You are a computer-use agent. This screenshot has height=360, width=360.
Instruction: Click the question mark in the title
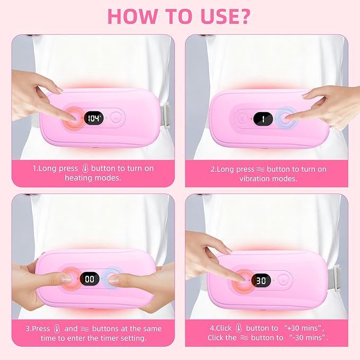[243, 16]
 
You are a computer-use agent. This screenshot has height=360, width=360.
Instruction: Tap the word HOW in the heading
[133, 16]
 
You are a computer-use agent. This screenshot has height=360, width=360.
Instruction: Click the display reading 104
[93, 118]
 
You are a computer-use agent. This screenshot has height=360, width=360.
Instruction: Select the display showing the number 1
[263, 119]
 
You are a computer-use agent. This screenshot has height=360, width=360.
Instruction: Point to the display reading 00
[90, 279]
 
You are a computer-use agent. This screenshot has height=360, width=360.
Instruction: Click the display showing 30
[261, 280]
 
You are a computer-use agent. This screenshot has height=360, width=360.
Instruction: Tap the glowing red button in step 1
[73, 119]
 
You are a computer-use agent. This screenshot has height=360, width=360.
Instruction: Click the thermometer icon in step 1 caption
[85, 168]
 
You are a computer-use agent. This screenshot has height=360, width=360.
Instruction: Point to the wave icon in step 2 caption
[260, 170]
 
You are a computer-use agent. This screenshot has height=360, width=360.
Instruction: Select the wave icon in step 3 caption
[85, 329]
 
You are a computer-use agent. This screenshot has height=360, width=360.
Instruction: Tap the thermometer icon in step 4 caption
[239, 328]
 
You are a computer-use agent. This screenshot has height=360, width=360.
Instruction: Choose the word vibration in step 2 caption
[254, 179]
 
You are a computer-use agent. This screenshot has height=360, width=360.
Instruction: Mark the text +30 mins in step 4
[304, 328]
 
